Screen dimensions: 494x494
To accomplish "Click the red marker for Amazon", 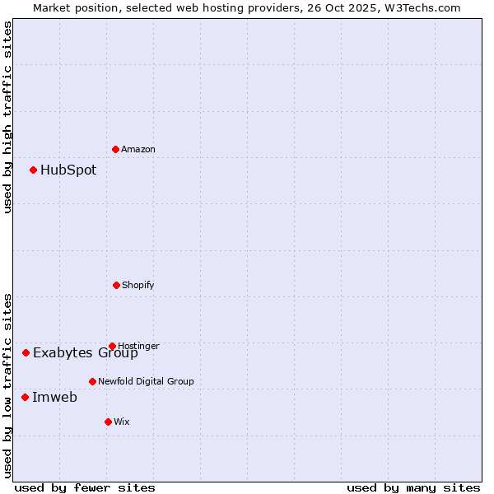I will (x=116, y=149).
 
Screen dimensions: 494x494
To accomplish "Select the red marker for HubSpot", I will (x=34, y=170).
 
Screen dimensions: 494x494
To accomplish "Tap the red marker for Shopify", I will (x=116, y=285).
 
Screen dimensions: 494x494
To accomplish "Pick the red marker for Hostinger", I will (x=112, y=346).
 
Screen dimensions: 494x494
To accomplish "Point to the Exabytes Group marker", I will (x=26, y=352).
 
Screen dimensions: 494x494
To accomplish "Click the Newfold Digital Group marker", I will (x=92, y=381).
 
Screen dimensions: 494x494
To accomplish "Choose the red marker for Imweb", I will (x=25, y=397).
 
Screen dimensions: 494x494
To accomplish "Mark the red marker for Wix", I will (x=108, y=422).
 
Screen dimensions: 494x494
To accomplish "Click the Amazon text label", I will (x=138, y=149).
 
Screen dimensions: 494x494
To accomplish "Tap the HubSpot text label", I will (x=68, y=170).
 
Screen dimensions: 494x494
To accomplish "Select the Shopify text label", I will (x=138, y=285).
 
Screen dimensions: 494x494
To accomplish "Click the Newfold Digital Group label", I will (x=146, y=381).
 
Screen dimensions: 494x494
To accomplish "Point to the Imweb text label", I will (x=54, y=398).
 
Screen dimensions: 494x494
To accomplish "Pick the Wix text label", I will (x=122, y=422).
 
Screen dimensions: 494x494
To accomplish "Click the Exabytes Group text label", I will (x=86, y=354).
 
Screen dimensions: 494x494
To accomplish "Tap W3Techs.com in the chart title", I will (x=422, y=7).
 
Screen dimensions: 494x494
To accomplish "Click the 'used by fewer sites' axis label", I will (x=85, y=487).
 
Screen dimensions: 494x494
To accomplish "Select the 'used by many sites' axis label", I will (x=413, y=487).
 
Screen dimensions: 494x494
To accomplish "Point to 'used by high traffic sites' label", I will (x=7, y=117).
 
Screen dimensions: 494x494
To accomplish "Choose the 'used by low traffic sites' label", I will (x=7, y=385).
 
